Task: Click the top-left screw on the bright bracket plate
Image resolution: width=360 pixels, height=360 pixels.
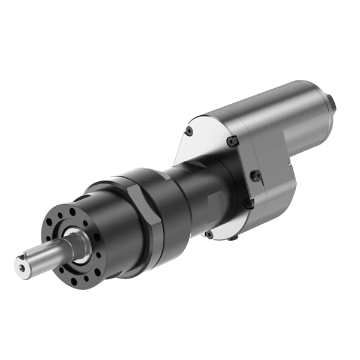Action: (x=189, y=131)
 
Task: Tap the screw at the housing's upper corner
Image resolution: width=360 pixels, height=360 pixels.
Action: (x=233, y=141)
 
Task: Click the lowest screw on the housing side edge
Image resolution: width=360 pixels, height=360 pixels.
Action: (x=248, y=204)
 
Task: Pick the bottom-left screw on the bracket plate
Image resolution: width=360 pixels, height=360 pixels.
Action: (x=208, y=234)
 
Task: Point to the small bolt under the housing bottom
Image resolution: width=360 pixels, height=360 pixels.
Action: (x=232, y=238)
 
